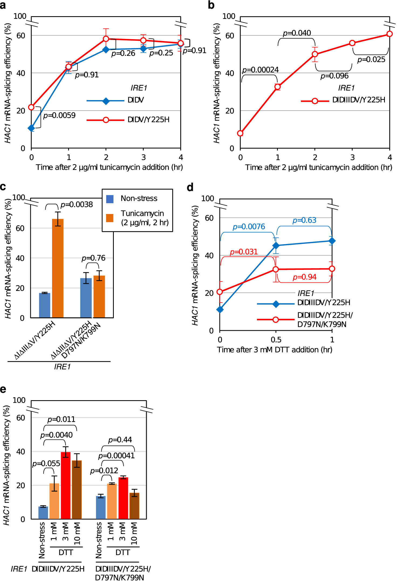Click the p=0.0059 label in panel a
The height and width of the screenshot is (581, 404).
pos(59,115)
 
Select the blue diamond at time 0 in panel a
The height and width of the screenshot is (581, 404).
pos(32,128)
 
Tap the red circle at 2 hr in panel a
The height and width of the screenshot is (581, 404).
pos(106,39)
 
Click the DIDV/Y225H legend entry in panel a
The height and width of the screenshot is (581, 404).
pos(148,120)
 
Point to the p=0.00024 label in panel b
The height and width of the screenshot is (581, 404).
pos(260,70)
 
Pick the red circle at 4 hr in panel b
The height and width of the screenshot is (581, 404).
pos(389,34)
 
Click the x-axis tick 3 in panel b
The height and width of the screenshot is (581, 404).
pos(352,157)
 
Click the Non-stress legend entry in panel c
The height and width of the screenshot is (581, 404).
pos(139,199)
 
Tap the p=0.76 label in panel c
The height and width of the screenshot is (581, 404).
pos(93,258)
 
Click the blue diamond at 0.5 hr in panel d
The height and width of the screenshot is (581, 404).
pos(276,246)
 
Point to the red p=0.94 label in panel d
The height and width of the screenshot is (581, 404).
pos(304,277)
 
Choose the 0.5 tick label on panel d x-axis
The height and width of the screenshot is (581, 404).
pos(276,340)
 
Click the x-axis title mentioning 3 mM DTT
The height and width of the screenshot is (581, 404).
pos(275,350)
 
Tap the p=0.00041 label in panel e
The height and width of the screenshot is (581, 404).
pos(116,456)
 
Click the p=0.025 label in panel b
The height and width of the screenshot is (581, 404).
pos(371,60)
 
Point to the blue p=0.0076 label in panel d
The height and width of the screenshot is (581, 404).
pos(249,227)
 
